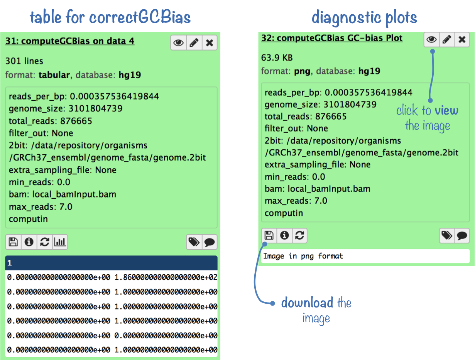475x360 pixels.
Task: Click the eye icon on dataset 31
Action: tap(178, 42)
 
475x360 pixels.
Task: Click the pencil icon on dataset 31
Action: tap(194, 42)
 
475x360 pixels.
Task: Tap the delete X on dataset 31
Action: tap(210, 42)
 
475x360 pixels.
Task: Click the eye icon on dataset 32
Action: tap(431, 39)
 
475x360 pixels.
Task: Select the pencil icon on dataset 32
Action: tap(447, 39)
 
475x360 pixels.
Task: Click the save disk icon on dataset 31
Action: tap(13, 242)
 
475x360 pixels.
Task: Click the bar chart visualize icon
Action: tap(60, 242)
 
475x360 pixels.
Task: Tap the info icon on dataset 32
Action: tap(284, 235)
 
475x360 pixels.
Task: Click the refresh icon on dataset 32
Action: tap(299, 235)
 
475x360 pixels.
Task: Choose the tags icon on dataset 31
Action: tap(194, 242)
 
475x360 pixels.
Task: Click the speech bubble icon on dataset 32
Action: tap(462, 235)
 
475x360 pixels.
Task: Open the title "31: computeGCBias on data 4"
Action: tap(70, 41)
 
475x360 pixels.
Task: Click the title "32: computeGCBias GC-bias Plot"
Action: tap(332, 38)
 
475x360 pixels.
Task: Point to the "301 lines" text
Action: tap(24, 61)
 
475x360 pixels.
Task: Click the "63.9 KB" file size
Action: tap(277, 58)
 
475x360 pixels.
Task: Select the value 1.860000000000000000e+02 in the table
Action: tap(166, 277)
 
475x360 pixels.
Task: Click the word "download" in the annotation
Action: tap(307, 303)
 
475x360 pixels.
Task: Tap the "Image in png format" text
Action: tap(303, 256)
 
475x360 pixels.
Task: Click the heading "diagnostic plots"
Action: tap(364, 17)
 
